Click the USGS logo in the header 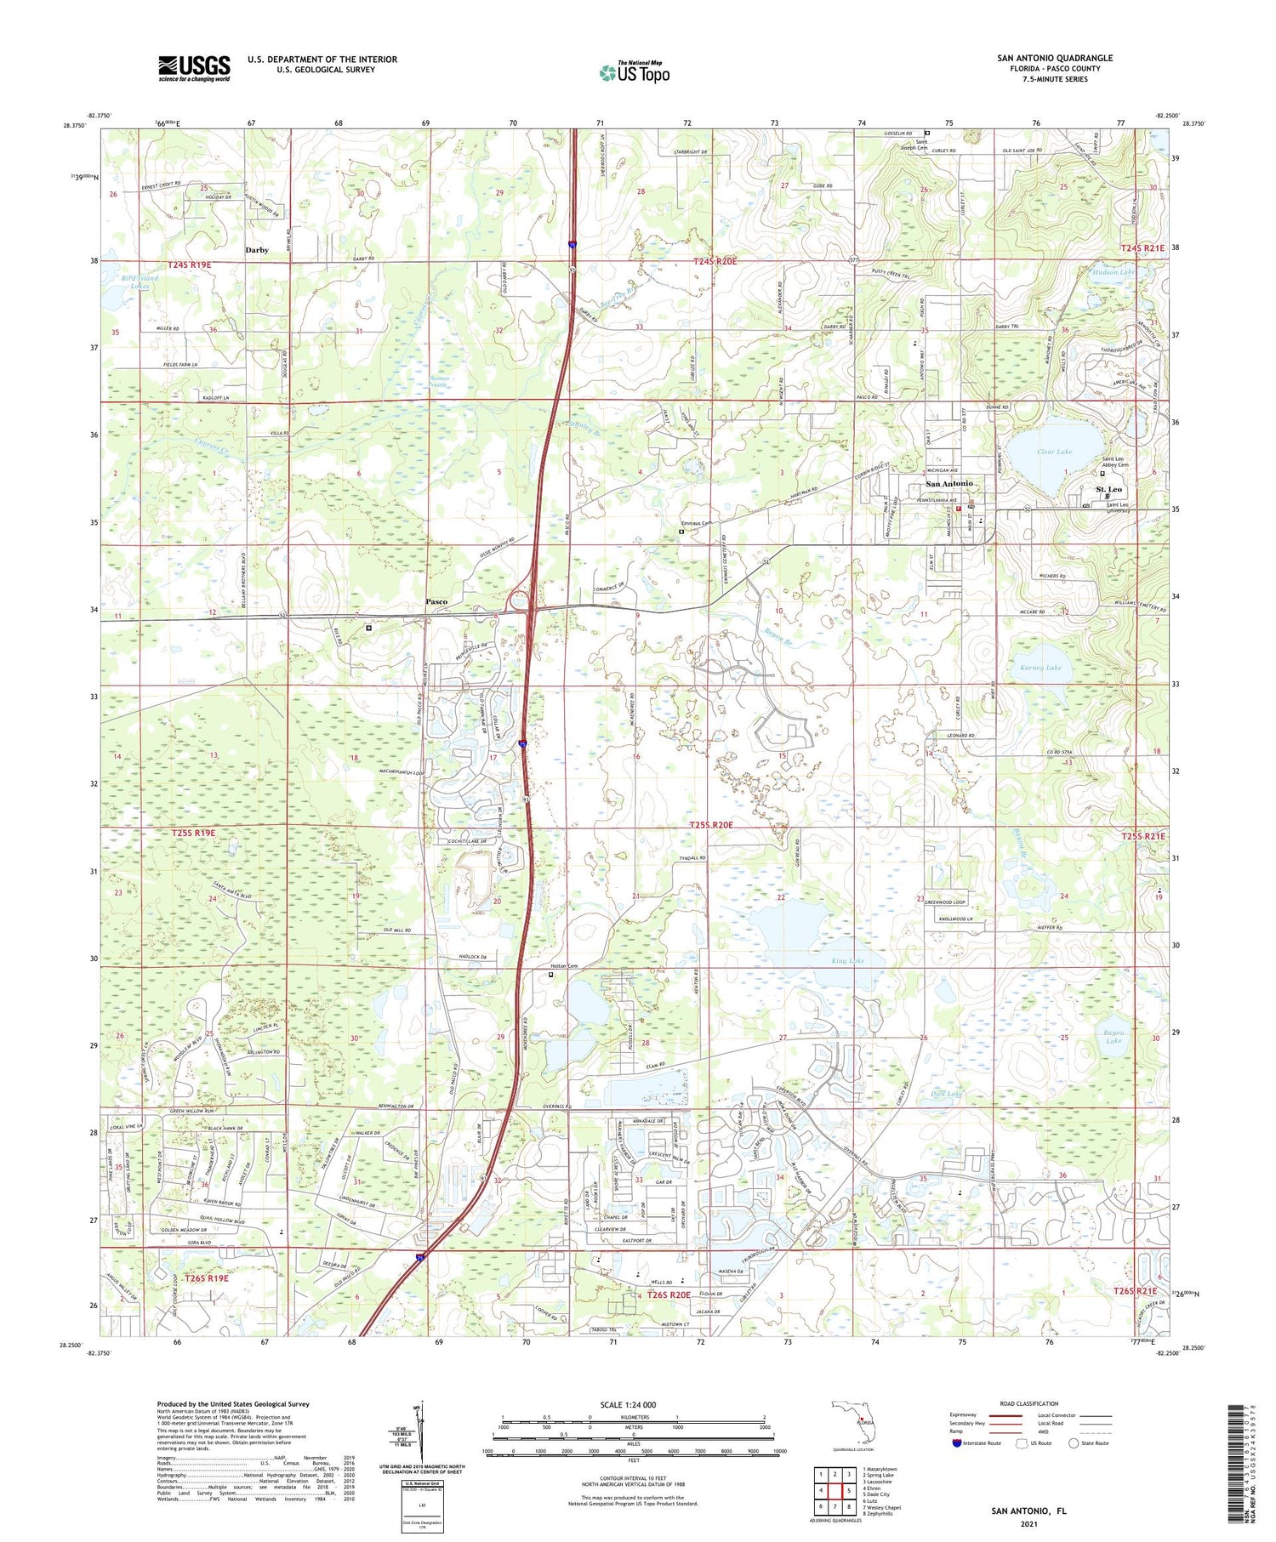(x=194, y=68)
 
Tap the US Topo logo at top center (x=635, y=72)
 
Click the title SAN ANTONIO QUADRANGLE (x=1055, y=58)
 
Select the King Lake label (x=847, y=960)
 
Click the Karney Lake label (x=1040, y=668)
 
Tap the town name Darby (x=257, y=250)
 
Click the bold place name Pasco (x=436, y=601)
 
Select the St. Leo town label (x=1108, y=489)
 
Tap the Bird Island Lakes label (x=139, y=282)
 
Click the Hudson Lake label (x=1113, y=272)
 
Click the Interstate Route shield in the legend (x=957, y=1443)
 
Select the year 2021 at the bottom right (x=1028, y=1522)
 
